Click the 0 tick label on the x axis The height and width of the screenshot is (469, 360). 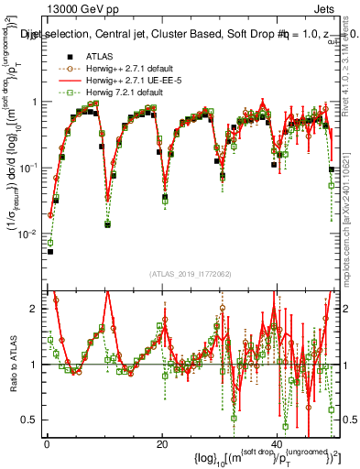click(47, 442)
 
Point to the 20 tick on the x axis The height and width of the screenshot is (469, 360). click(161, 442)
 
